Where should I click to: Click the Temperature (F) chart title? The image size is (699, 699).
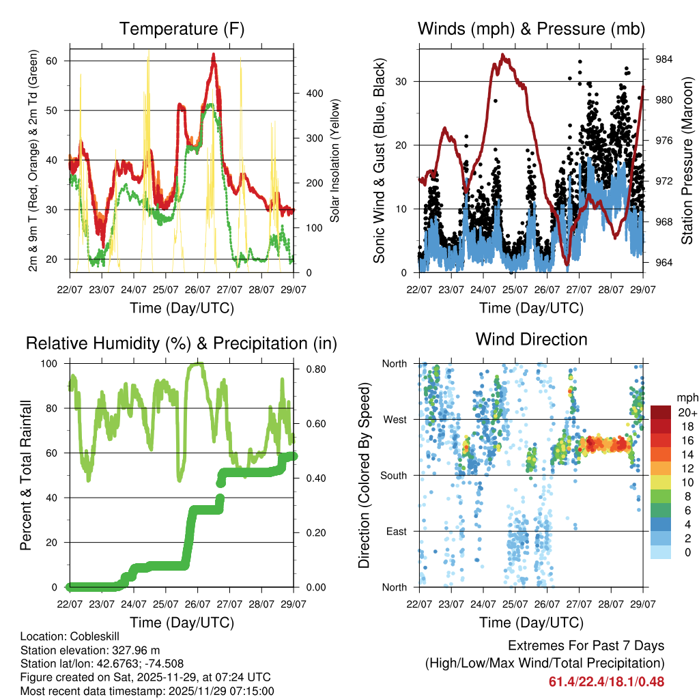[x=182, y=29]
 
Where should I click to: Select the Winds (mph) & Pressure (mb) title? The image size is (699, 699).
[x=532, y=29]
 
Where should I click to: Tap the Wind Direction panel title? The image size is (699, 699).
[x=532, y=339]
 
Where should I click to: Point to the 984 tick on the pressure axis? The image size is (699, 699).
[x=664, y=59]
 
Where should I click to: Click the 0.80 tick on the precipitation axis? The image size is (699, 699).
[x=316, y=369]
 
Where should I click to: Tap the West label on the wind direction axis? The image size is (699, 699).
[x=395, y=420]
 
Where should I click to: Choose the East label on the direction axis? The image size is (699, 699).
[x=396, y=532]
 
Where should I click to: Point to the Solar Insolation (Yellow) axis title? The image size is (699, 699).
[x=334, y=161]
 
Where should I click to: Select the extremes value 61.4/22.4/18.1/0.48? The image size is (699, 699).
[x=606, y=681]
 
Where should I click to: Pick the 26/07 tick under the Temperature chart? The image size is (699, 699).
[x=198, y=288]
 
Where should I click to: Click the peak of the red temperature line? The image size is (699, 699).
[x=214, y=55]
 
